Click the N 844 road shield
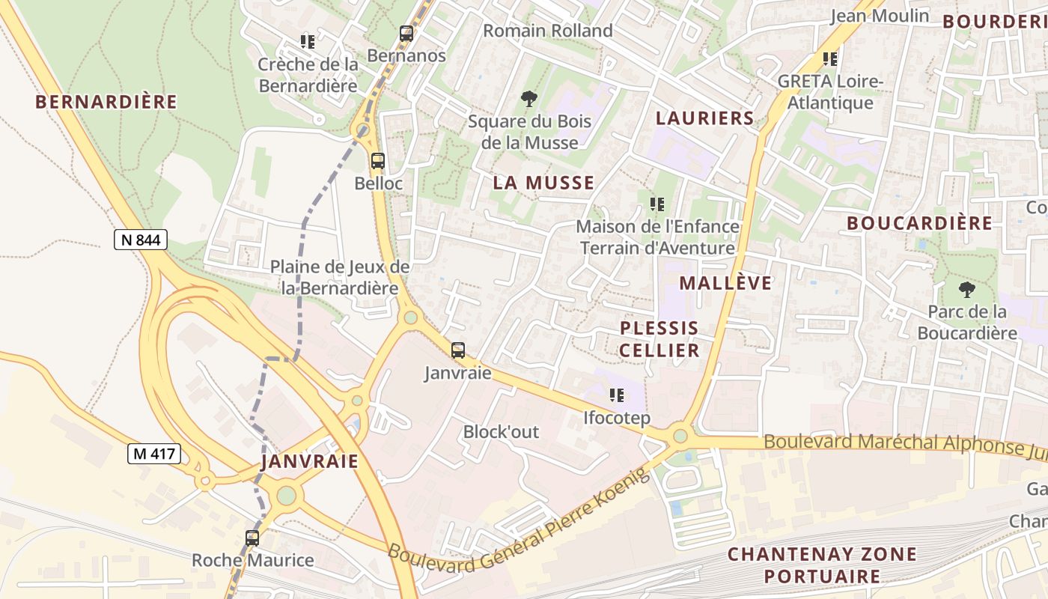(141, 240)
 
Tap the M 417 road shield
(153, 453)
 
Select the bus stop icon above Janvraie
(457, 350)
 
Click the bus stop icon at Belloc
(378, 160)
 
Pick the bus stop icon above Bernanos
(406, 34)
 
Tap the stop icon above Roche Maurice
(252, 538)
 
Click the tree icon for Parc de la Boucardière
(967, 289)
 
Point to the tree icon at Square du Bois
(529, 98)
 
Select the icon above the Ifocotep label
(617, 395)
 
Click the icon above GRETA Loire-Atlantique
(829, 58)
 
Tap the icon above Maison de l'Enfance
(657, 204)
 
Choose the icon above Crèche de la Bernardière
(307, 42)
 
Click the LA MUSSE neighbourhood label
(543, 183)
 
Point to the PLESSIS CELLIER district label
(659, 339)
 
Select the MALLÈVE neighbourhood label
(725, 282)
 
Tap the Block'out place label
(501, 432)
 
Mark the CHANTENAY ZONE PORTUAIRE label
(822, 565)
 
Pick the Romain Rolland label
(548, 31)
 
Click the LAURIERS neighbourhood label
(705, 118)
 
